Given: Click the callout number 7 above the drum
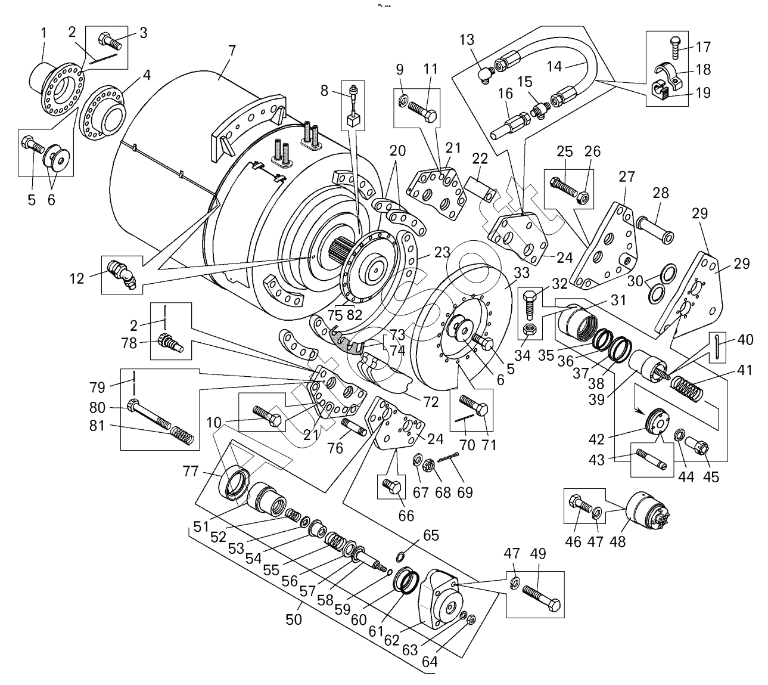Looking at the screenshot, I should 232,50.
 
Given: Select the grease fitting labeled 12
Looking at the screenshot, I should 122,274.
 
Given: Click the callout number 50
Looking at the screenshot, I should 294,619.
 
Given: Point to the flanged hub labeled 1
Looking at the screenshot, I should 52,83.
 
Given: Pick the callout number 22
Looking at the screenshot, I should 480,159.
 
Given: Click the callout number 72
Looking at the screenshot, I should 430,401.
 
